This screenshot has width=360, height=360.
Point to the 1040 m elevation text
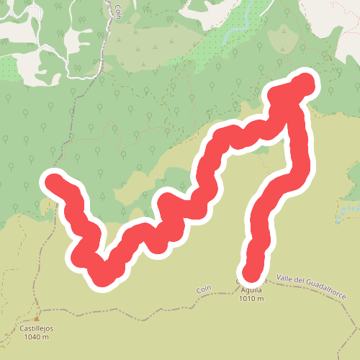38,336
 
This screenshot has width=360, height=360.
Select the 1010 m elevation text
251,299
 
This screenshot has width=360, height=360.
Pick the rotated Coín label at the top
117,10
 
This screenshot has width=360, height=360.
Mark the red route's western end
53,180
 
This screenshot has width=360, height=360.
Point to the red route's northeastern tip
304,82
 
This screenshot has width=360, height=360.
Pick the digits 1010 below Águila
246,299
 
